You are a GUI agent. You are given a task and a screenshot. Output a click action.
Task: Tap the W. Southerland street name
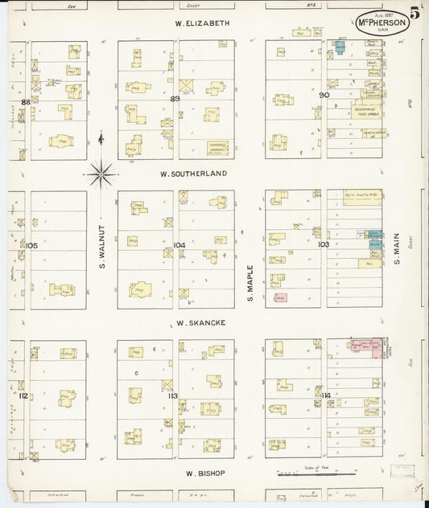click(193, 173)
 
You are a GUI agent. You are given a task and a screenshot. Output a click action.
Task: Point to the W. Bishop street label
click(199, 473)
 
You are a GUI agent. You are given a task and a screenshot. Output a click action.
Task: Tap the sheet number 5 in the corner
click(416, 13)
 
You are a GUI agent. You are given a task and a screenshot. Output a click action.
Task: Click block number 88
click(26, 102)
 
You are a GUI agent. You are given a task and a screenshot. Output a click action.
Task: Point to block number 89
click(175, 98)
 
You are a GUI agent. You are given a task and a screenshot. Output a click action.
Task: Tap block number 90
click(324, 95)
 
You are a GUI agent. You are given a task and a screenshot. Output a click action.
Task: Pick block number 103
click(324, 244)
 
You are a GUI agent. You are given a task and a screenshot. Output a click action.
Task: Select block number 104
click(179, 244)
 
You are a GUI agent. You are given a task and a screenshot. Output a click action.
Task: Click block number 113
click(172, 395)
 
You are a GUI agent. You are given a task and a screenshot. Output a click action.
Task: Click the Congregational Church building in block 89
click(217, 147)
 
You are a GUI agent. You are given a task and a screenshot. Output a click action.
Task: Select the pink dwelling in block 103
click(280, 297)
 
